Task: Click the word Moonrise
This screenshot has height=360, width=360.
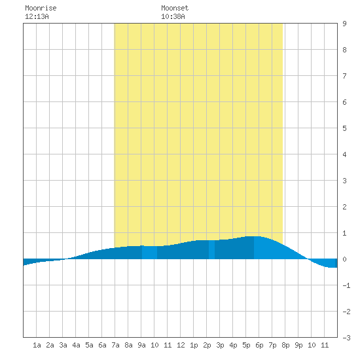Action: [x=41, y=8]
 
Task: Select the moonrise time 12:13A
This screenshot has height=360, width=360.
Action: [x=37, y=16]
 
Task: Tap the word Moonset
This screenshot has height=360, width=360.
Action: [x=175, y=8]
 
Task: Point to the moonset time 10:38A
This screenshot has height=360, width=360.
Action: [x=173, y=16]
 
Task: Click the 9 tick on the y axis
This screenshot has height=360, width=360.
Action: [x=344, y=24]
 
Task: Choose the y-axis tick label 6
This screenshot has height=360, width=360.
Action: [x=344, y=102]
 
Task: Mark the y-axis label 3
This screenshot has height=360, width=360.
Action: [x=344, y=181]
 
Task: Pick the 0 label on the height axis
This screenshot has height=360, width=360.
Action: [x=344, y=259]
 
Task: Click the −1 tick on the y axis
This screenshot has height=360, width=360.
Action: [x=346, y=285]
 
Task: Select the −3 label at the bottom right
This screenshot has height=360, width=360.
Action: [x=346, y=338]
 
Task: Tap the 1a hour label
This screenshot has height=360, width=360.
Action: [x=37, y=345]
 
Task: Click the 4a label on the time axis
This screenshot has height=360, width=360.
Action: [x=76, y=345]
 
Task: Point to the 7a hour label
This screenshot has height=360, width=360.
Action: [x=115, y=345]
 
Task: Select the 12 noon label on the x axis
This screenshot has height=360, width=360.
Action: [x=181, y=345]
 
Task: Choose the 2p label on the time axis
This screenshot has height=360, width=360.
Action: [x=207, y=345]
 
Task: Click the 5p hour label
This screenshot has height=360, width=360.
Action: [x=246, y=345]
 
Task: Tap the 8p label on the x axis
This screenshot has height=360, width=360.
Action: [x=285, y=345]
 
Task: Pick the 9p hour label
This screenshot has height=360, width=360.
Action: [x=298, y=345]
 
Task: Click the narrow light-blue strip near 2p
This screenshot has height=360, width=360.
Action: [x=211, y=250]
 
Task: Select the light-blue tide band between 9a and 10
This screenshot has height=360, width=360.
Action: [x=149, y=253]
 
